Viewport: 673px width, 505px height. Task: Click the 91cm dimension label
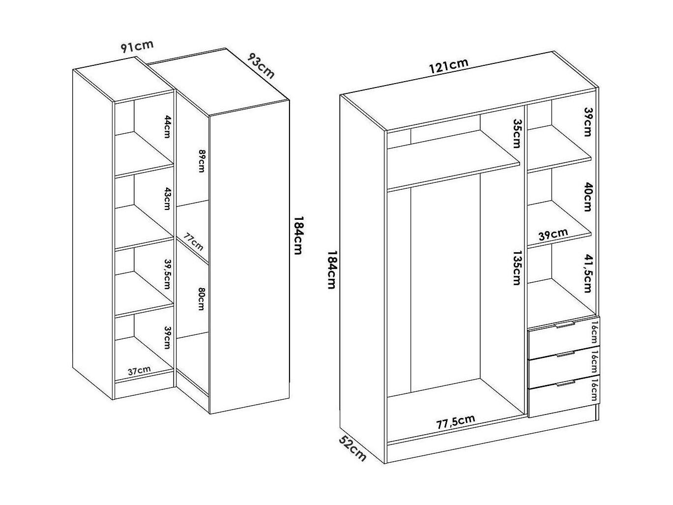point(137,46)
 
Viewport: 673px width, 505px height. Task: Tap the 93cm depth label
point(261,65)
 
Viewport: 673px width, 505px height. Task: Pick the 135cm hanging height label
point(517,268)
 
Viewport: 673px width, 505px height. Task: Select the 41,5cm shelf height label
point(587,273)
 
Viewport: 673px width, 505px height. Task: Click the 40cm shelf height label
point(587,197)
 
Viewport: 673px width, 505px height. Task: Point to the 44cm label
point(168,127)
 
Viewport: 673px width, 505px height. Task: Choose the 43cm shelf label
point(168,199)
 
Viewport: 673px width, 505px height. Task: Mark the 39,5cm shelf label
point(167,274)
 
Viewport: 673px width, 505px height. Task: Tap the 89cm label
point(202,161)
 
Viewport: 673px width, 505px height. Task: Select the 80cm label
point(202,299)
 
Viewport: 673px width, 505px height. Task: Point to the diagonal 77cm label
point(194,241)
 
